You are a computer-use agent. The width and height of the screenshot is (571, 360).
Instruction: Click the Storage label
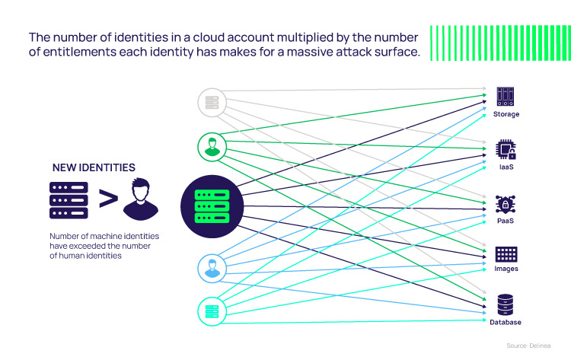506,114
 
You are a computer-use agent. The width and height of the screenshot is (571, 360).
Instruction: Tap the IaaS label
506,166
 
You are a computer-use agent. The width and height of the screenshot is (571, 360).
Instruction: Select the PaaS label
506,221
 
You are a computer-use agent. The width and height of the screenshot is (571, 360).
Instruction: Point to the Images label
506,269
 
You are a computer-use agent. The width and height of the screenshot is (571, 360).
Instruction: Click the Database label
506,322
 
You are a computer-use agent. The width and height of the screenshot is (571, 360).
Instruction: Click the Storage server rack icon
506,96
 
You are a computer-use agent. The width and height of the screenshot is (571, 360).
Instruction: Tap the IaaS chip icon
506,149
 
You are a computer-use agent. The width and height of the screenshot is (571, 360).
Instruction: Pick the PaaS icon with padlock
506,203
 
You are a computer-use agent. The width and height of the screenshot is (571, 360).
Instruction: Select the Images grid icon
506,254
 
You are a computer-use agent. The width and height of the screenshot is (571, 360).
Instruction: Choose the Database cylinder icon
506,304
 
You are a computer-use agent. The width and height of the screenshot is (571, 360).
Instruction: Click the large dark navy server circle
212,205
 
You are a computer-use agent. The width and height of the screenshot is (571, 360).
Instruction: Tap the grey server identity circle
212,102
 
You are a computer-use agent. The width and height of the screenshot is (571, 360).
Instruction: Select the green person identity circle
212,145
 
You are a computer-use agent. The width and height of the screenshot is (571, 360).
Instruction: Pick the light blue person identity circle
212,268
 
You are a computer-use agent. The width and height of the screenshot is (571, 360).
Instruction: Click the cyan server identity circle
212,311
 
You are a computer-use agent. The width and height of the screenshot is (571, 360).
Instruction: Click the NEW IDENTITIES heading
94,167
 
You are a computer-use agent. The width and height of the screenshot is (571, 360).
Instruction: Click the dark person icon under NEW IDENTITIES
142,198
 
